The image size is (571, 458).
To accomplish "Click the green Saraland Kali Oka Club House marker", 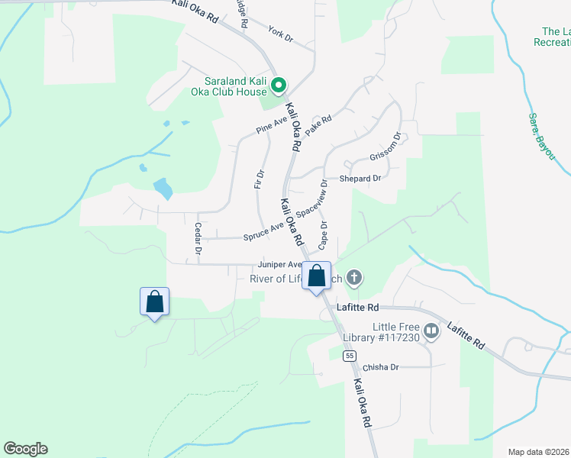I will click(x=279, y=85).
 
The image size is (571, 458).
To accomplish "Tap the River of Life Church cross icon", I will click(x=353, y=278).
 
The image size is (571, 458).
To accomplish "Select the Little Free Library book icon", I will click(x=431, y=331).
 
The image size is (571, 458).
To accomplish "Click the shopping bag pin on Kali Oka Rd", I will click(x=318, y=276).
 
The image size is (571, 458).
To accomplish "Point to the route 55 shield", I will click(x=350, y=356).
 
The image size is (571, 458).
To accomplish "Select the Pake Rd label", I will click(x=318, y=125).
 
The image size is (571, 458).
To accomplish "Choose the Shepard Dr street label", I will click(x=360, y=179).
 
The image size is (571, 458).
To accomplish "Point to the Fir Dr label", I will click(x=259, y=179).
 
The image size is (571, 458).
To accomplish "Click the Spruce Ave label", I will click(x=263, y=231).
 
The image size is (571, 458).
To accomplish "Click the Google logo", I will click(x=25, y=449).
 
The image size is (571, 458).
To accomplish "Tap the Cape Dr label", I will click(x=323, y=236).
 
